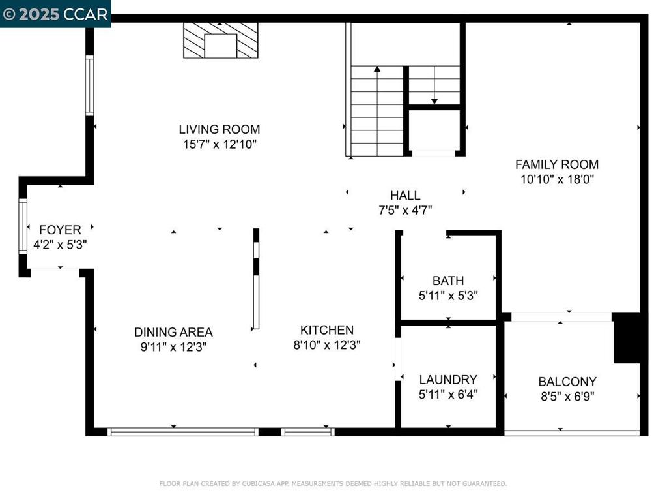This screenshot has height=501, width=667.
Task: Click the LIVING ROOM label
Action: click(220, 129)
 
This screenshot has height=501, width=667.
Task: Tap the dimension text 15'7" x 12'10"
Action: click(220, 144)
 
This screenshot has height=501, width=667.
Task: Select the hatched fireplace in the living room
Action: click(220, 40)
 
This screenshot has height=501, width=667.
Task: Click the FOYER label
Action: click(60, 230)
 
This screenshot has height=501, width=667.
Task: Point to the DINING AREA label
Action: click(173, 332)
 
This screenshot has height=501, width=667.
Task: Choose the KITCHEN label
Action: click(327, 330)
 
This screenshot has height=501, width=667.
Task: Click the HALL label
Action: click(405, 195)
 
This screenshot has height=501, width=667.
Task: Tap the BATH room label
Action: click(448, 281)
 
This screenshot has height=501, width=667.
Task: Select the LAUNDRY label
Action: click(448, 379)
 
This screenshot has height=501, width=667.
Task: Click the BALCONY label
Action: click(567, 382)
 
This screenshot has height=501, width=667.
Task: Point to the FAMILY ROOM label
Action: click(557, 164)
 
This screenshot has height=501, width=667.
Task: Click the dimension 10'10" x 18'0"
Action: click(557, 179)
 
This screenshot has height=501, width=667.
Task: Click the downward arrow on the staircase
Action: click(434, 100)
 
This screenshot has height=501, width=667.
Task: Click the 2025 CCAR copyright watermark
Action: click(55, 14)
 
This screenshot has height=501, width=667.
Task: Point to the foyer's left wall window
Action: click(23, 226)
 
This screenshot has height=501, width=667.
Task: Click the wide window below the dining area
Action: click(183, 431)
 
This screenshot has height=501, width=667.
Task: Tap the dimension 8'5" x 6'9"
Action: click(567, 396)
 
